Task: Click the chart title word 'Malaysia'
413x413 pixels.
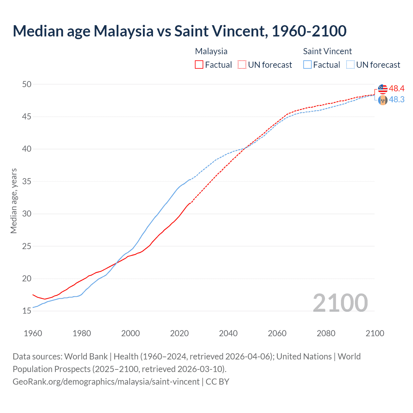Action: tap(124, 31)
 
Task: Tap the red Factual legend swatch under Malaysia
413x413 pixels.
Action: tap(199, 65)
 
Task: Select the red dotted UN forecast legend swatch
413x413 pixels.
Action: tap(242, 65)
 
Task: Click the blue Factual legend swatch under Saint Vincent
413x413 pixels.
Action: tap(307, 65)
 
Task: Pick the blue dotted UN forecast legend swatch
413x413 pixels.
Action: tap(350, 65)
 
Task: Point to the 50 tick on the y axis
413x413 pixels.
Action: tap(27, 84)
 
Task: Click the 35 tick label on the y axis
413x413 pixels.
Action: tap(27, 181)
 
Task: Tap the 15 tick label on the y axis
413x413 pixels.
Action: tap(27, 311)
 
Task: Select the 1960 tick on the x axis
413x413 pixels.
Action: tap(33, 333)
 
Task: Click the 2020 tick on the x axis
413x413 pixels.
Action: tap(179, 333)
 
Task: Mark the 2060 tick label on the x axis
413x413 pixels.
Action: tap(277, 333)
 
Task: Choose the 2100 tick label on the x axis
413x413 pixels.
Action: tap(375, 333)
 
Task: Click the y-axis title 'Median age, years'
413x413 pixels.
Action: tap(14, 201)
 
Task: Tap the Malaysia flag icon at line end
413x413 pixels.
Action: tap(383, 89)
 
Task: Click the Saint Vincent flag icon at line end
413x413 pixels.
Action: tap(383, 100)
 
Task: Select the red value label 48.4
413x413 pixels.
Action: tap(397, 88)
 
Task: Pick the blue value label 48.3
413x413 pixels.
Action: tap(397, 100)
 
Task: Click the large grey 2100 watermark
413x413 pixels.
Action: tap(340, 303)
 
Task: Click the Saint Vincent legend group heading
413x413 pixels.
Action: tap(327, 51)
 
